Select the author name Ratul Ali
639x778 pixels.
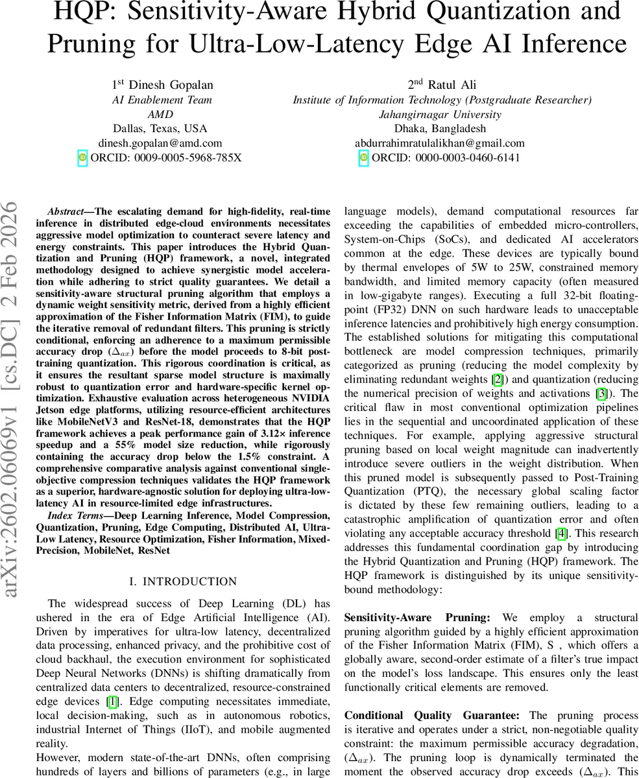click(x=442, y=85)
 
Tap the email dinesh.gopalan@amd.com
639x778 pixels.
click(x=160, y=143)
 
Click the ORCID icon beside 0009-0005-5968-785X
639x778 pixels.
click(x=82, y=158)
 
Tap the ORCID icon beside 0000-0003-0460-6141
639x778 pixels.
click(x=363, y=158)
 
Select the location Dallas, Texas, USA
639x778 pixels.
click(x=160, y=128)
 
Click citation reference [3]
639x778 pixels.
click(x=602, y=394)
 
